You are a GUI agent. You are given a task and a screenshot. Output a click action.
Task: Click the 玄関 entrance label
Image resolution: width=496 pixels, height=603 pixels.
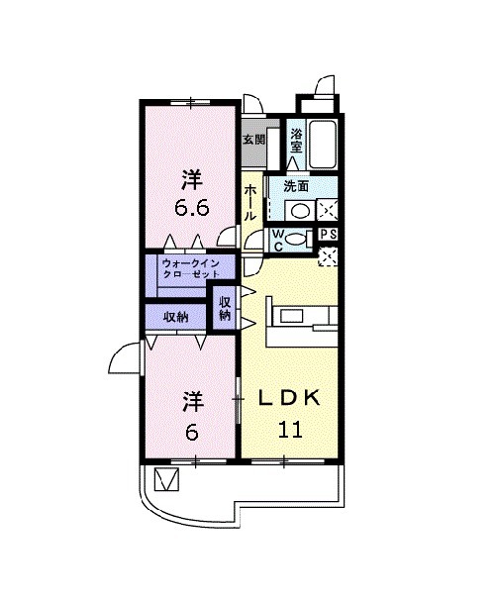253,140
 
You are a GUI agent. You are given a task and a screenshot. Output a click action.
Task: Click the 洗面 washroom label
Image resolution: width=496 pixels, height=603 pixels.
296,185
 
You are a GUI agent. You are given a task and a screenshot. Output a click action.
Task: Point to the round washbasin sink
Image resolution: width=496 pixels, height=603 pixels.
298,209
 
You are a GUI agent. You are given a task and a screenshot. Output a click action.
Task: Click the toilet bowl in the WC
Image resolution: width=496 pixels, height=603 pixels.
297,240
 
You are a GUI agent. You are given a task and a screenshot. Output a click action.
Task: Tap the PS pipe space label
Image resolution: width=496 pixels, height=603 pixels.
329,235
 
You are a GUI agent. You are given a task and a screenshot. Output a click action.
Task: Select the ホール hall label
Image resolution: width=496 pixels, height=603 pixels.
250,204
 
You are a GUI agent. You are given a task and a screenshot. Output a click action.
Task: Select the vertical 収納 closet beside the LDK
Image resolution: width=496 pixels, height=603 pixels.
224,308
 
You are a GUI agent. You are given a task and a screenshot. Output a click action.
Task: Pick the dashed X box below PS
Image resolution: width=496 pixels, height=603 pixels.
329,256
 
